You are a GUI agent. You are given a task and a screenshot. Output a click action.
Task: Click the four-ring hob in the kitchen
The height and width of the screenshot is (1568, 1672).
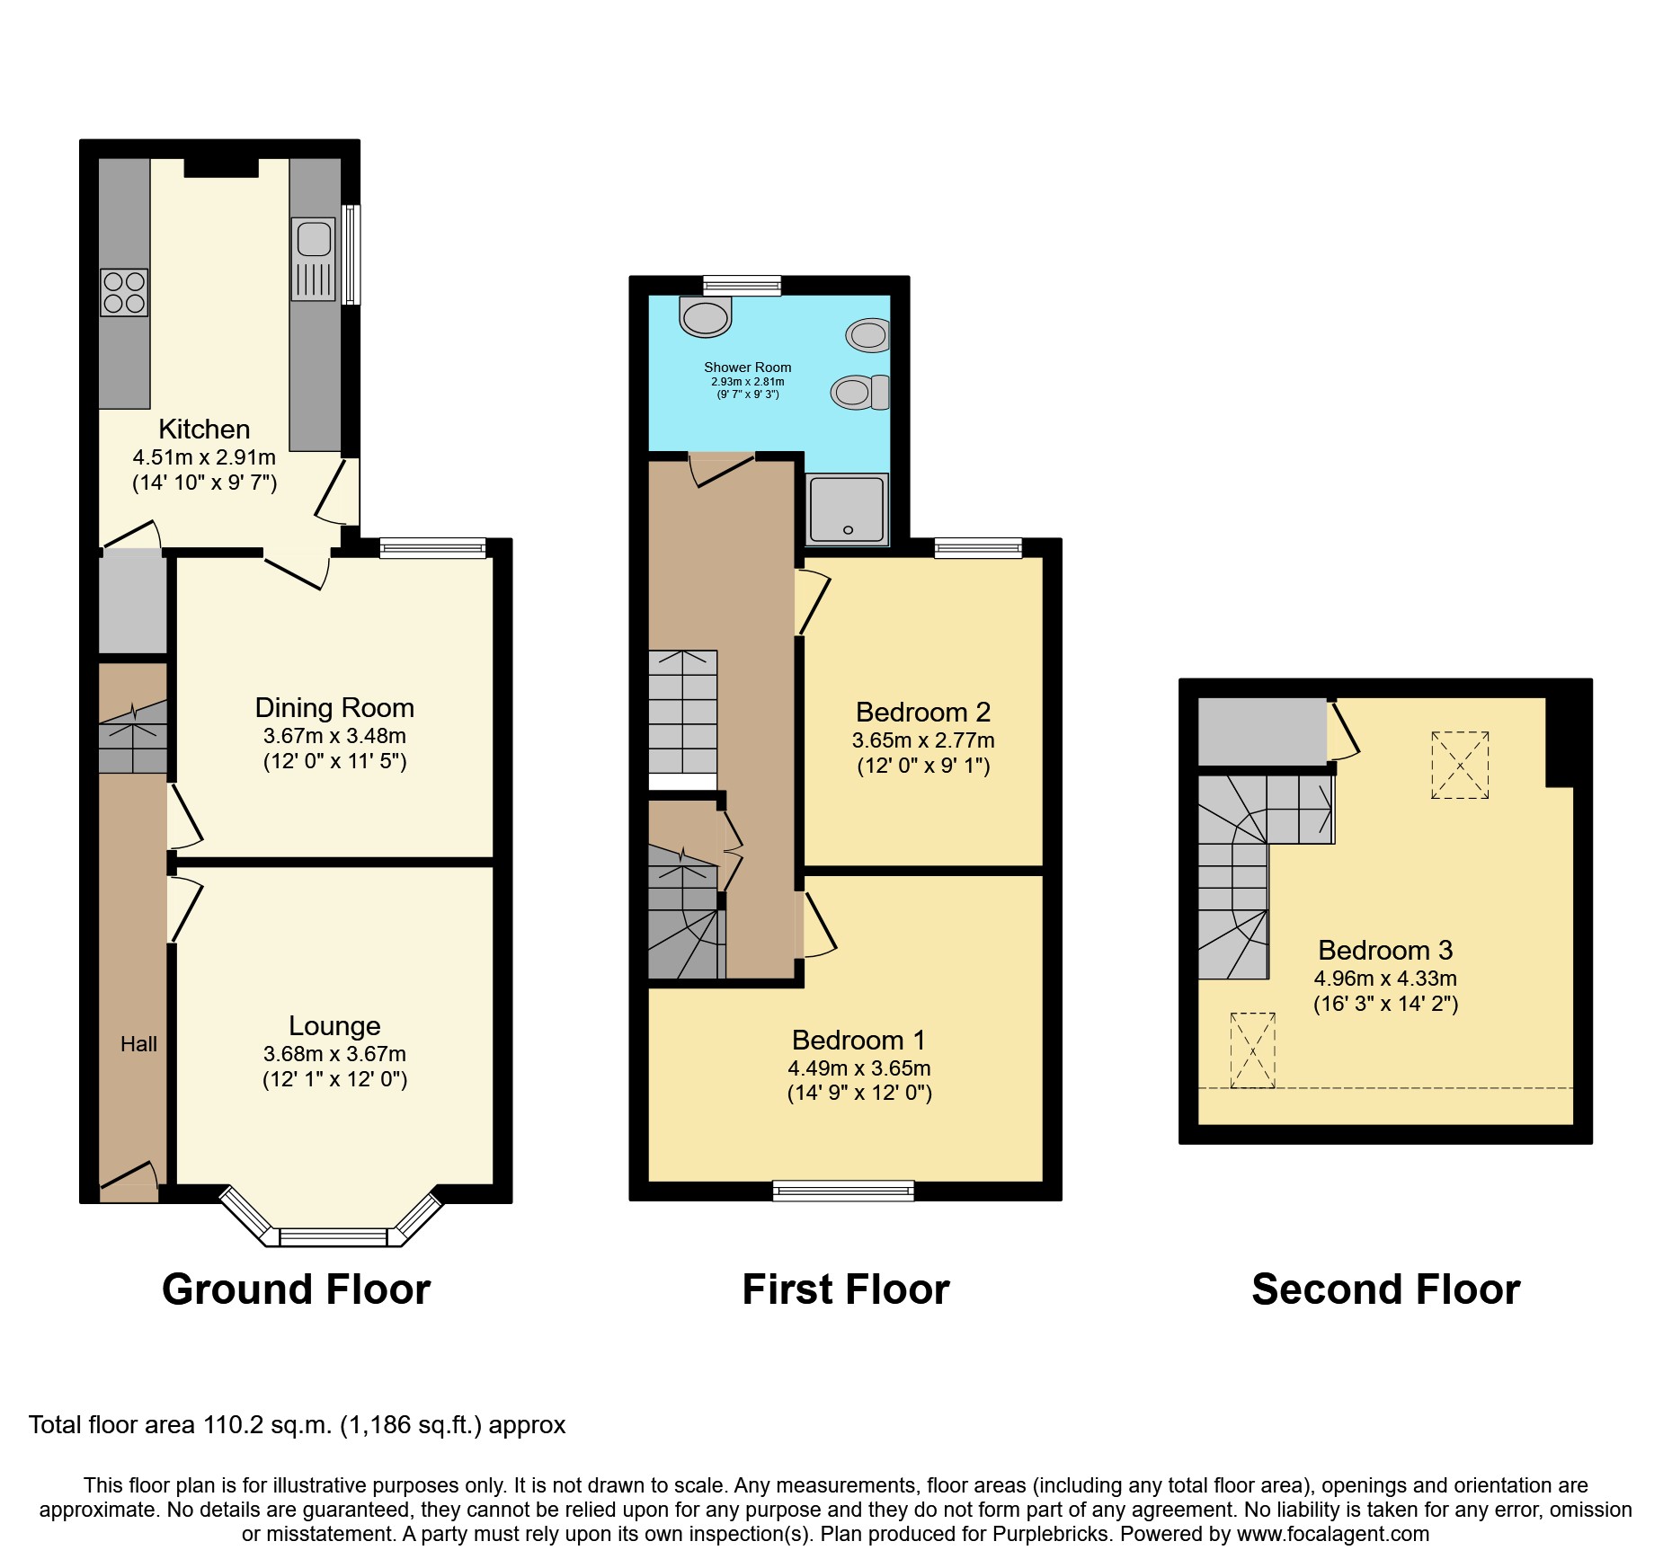click(124, 293)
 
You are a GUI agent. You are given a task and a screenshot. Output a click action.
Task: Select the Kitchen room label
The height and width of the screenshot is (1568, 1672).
click(204, 430)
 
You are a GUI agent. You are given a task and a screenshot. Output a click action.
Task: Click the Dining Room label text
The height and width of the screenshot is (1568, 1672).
click(334, 708)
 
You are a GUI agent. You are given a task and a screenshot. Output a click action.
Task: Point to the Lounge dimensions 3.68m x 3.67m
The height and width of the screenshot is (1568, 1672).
click(334, 1054)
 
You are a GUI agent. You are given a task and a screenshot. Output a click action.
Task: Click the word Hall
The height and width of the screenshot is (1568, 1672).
click(138, 1044)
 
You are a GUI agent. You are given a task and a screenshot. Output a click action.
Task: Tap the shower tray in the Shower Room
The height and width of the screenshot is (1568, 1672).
click(847, 509)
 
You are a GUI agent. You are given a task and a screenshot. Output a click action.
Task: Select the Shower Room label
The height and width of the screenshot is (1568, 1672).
click(748, 368)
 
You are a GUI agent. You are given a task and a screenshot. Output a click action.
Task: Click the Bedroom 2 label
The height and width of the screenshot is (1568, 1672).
click(923, 713)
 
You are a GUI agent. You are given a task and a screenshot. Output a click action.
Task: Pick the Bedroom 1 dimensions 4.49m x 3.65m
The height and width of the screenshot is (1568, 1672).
click(859, 1068)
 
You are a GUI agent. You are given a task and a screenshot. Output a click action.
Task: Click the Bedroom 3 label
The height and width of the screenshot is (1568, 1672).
click(1385, 951)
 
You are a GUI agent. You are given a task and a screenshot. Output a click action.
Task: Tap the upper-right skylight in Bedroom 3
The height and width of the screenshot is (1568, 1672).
click(1460, 766)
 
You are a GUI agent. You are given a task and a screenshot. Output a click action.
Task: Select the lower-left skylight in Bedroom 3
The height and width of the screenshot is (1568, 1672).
click(1253, 1050)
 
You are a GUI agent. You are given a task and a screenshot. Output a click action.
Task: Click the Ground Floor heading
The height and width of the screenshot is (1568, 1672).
click(297, 1289)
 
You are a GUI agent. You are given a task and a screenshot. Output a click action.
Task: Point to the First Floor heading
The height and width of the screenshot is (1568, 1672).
click(846, 1289)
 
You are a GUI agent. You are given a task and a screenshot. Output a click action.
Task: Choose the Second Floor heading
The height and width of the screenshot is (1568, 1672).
click(1386, 1289)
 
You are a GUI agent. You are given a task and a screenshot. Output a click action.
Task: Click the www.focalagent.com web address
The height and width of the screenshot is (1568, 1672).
click(1333, 1534)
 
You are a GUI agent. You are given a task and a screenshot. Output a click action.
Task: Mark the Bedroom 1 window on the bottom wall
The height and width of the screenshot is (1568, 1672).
click(844, 1192)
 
